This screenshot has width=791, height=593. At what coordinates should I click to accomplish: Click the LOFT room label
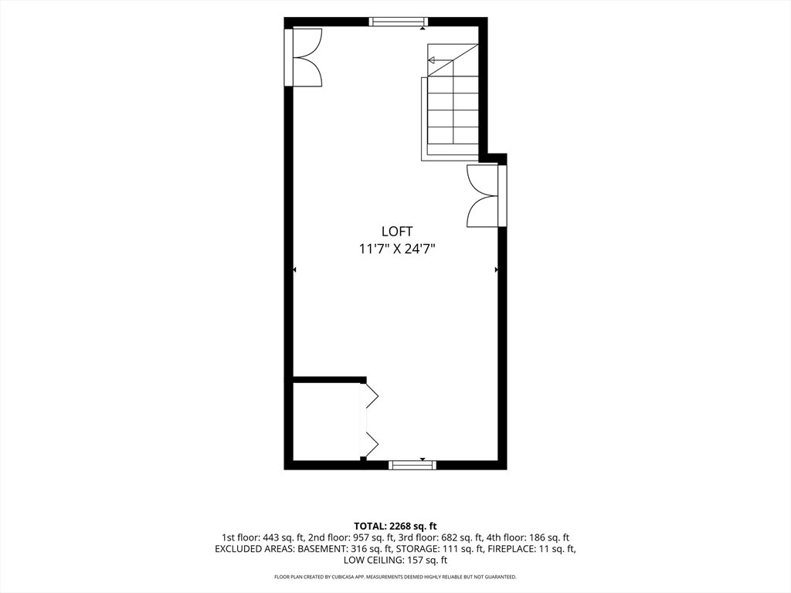(397, 232)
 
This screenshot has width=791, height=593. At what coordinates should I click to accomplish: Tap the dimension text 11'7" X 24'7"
(397, 249)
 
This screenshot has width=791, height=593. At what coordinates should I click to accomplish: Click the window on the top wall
(399, 21)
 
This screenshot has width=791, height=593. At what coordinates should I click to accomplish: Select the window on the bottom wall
(412, 465)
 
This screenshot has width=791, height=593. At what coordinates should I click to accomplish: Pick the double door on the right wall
(487, 195)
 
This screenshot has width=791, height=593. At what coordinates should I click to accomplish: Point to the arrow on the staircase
(440, 60)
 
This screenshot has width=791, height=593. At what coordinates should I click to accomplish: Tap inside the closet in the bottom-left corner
(326, 422)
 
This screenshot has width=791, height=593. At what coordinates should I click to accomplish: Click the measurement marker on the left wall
(294, 269)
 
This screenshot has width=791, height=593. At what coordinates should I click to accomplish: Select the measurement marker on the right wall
(497, 269)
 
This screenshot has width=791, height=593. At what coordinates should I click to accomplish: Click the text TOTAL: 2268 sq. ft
(395, 527)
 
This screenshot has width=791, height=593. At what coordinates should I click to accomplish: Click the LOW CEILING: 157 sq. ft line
(395, 561)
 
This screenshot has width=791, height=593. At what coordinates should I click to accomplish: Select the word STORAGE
(415, 549)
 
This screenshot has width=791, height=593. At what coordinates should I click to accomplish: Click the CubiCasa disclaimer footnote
(395, 576)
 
